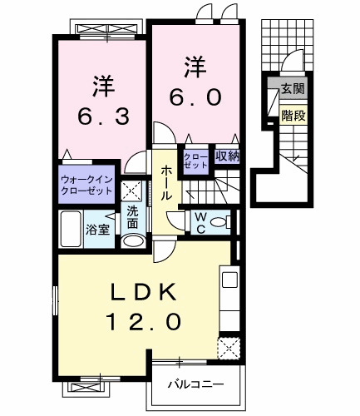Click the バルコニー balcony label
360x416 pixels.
tap(195, 385)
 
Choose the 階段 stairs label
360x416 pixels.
tap(291, 116)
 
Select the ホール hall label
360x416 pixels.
tap(166, 181)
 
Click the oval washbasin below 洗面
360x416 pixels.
tap(133, 242)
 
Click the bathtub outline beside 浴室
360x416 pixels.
tap(72, 229)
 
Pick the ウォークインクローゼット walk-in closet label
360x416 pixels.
tap(86, 185)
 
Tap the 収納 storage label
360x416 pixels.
tap(228, 155)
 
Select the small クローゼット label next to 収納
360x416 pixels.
tap(197, 160)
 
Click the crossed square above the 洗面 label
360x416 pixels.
tap(131, 189)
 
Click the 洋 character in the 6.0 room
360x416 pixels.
tap(195, 63)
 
